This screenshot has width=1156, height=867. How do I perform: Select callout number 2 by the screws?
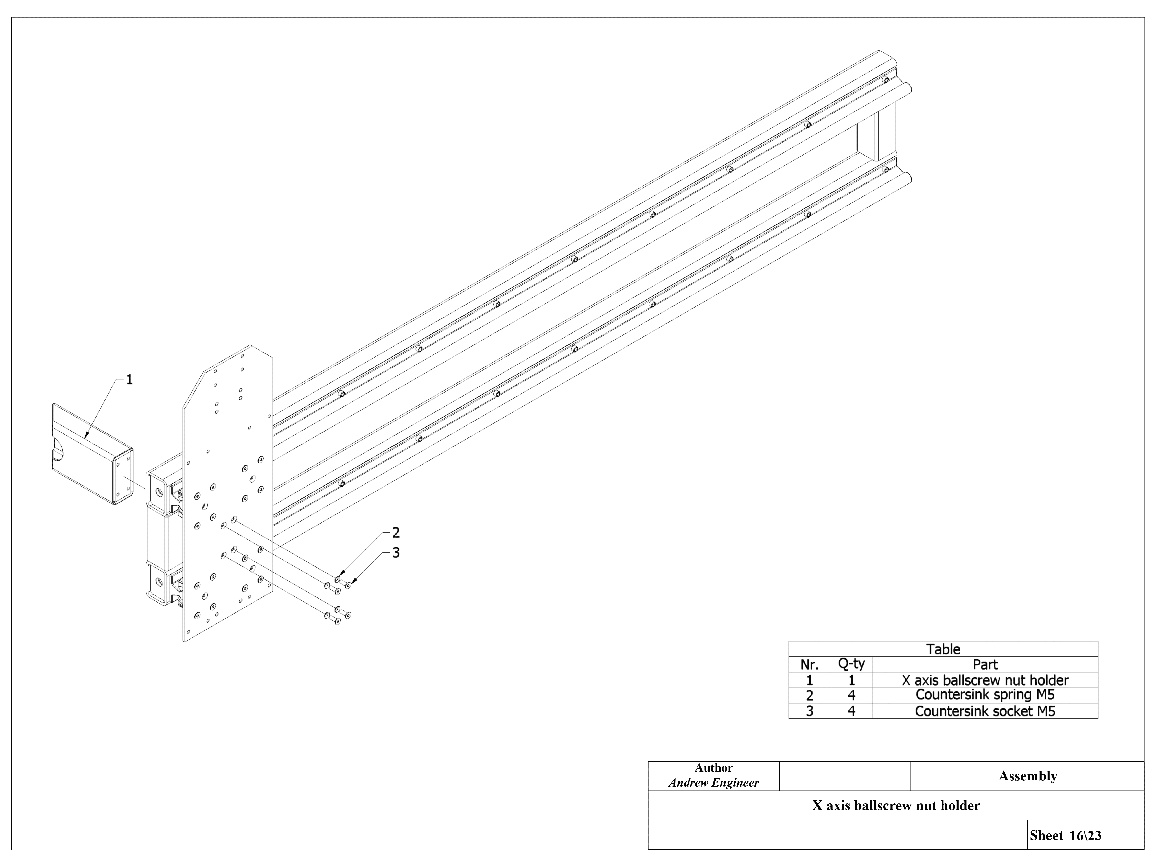396,533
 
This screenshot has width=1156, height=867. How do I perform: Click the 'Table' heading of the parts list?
943,649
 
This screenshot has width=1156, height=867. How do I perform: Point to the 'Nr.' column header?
809,665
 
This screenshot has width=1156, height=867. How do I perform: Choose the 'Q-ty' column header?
851,664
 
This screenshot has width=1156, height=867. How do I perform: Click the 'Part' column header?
985,665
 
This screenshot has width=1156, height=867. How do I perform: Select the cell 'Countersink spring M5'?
985,695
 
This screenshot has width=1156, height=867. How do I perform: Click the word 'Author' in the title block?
713,768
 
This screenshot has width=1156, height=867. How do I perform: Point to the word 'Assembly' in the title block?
1027,776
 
